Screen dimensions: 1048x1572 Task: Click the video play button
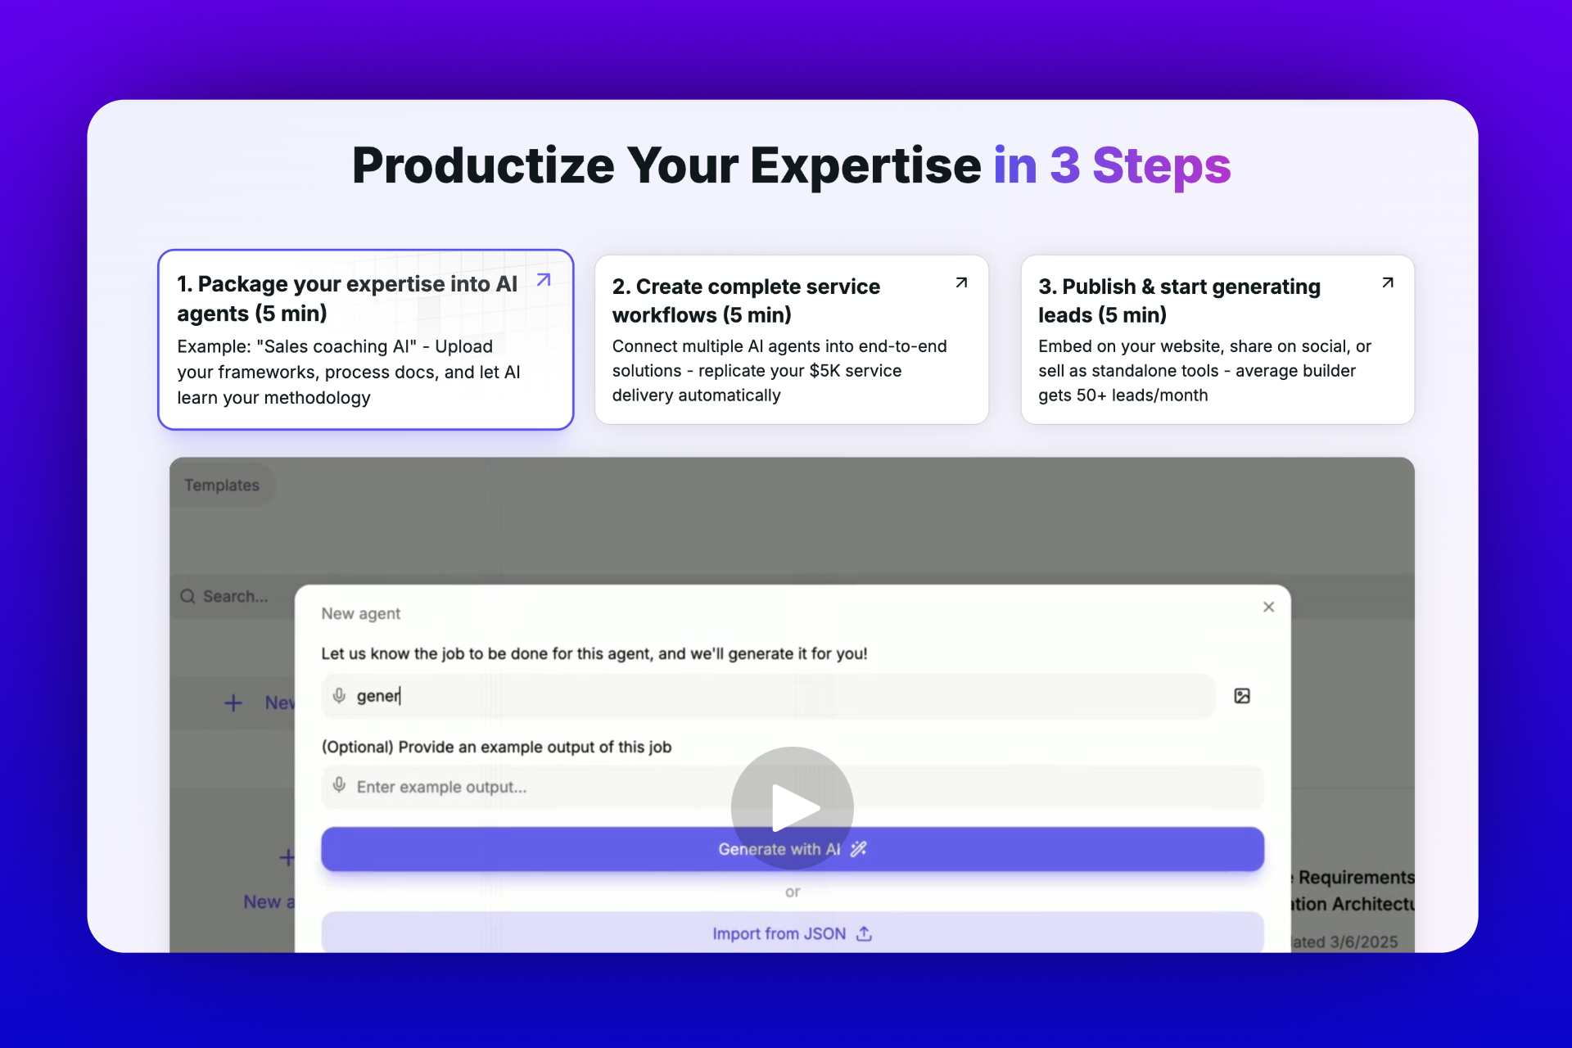pyautogui.click(x=792, y=807)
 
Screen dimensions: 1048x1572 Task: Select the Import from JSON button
pyautogui.click(x=791, y=933)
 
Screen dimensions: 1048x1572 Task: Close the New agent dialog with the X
pyautogui.click(x=1268, y=607)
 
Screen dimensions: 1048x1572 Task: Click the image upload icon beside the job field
pyautogui.click(x=1241, y=696)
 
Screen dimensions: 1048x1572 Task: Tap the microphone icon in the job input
pyautogui.click(x=339, y=696)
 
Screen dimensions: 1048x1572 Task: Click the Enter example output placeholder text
pyautogui.click(x=441, y=787)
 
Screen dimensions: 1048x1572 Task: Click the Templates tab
pyautogui.click(x=222, y=485)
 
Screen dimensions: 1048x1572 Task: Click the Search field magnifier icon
pyautogui.click(x=188, y=596)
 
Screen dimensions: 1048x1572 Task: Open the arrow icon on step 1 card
pyautogui.click(x=544, y=280)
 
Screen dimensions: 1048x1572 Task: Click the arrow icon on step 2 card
pyautogui.click(x=961, y=283)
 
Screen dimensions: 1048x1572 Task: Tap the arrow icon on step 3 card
pyautogui.click(x=1387, y=283)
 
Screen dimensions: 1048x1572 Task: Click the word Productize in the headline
pyautogui.click(x=482, y=165)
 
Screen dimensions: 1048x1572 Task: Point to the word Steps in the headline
pyautogui.click(x=1161, y=165)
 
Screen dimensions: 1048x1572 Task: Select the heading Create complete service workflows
pyautogui.click(x=745, y=300)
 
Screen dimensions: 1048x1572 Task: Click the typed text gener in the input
pyautogui.click(x=377, y=696)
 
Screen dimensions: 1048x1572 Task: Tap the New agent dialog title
pyautogui.click(x=360, y=613)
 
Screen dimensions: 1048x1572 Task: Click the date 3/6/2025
pyautogui.click(x=1363, y=942)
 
